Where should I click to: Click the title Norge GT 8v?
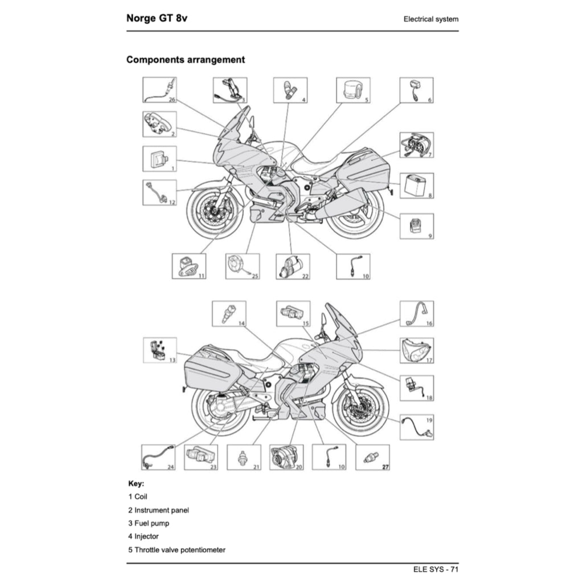click(157, 18)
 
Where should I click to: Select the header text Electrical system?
click(430, 19)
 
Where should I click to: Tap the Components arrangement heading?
click(186, 60)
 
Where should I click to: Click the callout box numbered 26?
click(159, 91)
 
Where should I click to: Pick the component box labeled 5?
click(353, 91)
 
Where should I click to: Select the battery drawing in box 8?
click(416, 186)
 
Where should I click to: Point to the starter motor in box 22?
click(293, 266)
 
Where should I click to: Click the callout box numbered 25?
click(242, 266)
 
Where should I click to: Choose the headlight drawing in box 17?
click(416, 350)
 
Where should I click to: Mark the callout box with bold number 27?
click(372, 457)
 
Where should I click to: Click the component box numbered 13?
click(159, 350)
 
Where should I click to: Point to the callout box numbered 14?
click(229, 314)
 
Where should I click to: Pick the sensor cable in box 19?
click(416, 426)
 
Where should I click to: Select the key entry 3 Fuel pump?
click(149, 523)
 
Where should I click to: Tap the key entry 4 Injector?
click(143, 536)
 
